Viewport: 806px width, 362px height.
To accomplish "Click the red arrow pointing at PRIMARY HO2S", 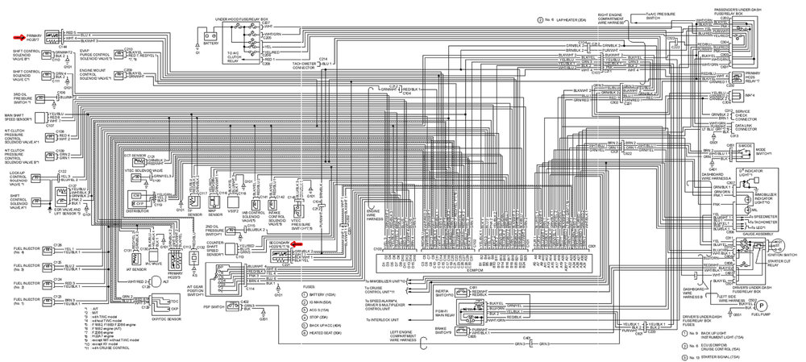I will coord(18,36).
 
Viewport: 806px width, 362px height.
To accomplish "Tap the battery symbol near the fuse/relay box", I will coord(210,35).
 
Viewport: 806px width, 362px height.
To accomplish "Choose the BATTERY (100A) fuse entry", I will coord(312,295).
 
